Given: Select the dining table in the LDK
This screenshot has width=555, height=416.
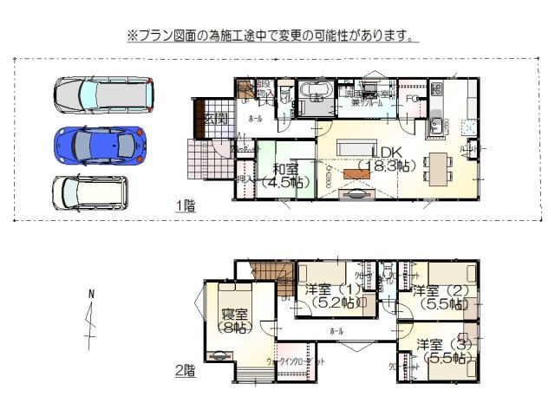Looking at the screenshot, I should point(436,165).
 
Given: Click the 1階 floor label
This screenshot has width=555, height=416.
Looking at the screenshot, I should point(184,205).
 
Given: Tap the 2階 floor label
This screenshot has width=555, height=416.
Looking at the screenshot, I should point(185,370).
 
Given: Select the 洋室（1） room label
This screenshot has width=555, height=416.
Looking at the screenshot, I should point(333,296).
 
